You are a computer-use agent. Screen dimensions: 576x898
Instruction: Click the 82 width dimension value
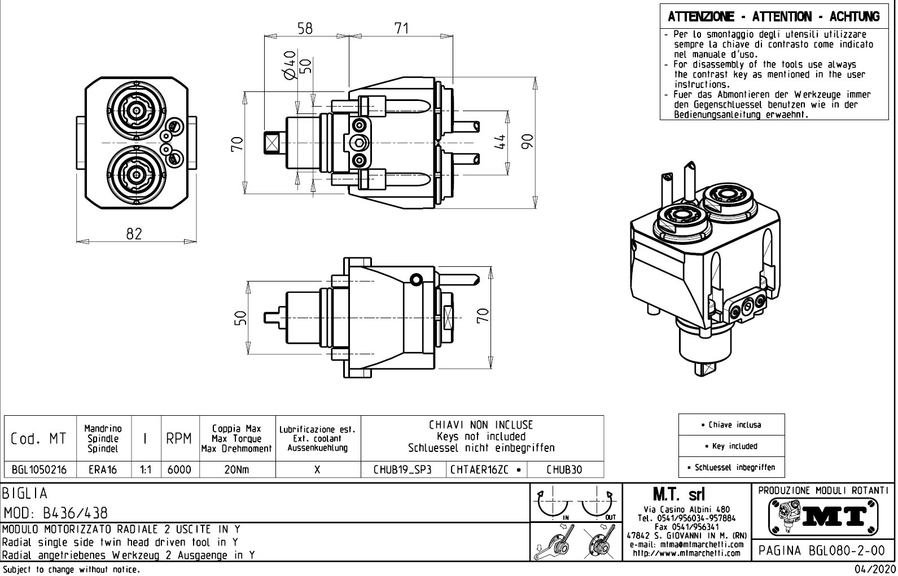[134, 234]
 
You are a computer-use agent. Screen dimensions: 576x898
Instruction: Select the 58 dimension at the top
[305, 28]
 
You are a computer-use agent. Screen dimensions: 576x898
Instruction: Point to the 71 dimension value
[401, 28]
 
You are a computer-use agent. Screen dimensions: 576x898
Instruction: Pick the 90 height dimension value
[527, 142]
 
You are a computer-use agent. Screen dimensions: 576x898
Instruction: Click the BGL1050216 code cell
[39, 469]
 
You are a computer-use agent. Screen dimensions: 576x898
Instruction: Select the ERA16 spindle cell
[102, 469]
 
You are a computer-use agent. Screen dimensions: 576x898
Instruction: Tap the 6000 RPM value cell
[180, 469]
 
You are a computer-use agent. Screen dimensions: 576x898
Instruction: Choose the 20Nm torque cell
[236, 469]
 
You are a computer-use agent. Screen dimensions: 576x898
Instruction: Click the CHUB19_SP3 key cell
[403, 469]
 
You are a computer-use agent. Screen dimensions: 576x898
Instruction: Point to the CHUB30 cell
[564, 469]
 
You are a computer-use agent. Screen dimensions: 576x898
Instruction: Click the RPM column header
[180, 439]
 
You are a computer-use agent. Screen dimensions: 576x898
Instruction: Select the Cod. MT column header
[39, 439]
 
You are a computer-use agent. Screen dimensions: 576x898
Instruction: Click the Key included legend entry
[731, 446]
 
